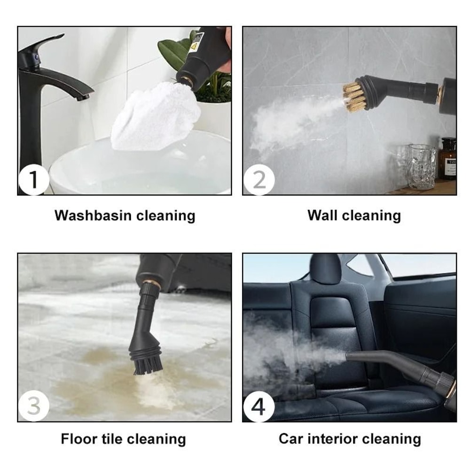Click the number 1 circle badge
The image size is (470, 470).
pos(34,180)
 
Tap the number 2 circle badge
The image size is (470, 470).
pos(258,180)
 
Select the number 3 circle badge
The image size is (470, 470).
pos(34,406)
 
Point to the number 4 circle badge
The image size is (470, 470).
pos(258,406)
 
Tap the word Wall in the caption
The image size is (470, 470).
pos(322,216)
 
